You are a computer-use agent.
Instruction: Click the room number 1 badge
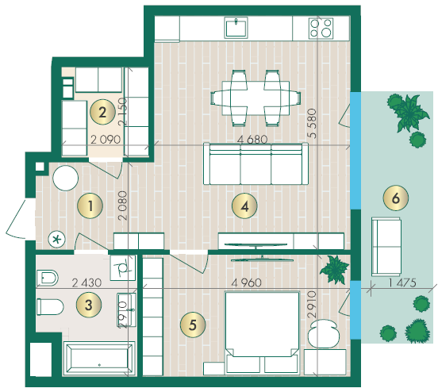(90, 206)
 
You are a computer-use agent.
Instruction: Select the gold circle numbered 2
(102, 112)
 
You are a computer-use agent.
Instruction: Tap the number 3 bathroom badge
(89, 305)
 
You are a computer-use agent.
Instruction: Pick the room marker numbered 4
(244, 206)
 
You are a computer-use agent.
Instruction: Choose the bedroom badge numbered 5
(193, 325)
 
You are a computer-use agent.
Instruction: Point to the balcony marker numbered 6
(396, 198)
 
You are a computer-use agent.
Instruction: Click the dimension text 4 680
(252, 140)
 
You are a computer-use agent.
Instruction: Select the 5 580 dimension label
(312, 124)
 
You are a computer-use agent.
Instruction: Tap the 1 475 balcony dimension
(402, 282)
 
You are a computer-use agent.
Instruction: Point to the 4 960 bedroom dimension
(247, 282)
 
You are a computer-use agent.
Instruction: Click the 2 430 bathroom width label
(86, 282)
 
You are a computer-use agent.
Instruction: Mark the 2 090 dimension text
(106, 140)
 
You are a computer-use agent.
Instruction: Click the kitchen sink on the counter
(236, 28)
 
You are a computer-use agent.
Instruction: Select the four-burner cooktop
(321, 29)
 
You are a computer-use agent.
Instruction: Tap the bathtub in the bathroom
(100, 359)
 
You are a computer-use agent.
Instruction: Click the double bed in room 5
(263, 332)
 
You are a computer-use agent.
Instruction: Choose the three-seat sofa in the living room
(255, 164)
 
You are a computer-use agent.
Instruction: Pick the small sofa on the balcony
(386, 247)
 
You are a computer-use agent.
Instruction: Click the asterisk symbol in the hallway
(56, 240)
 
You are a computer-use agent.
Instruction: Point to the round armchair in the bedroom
(324, 333)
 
